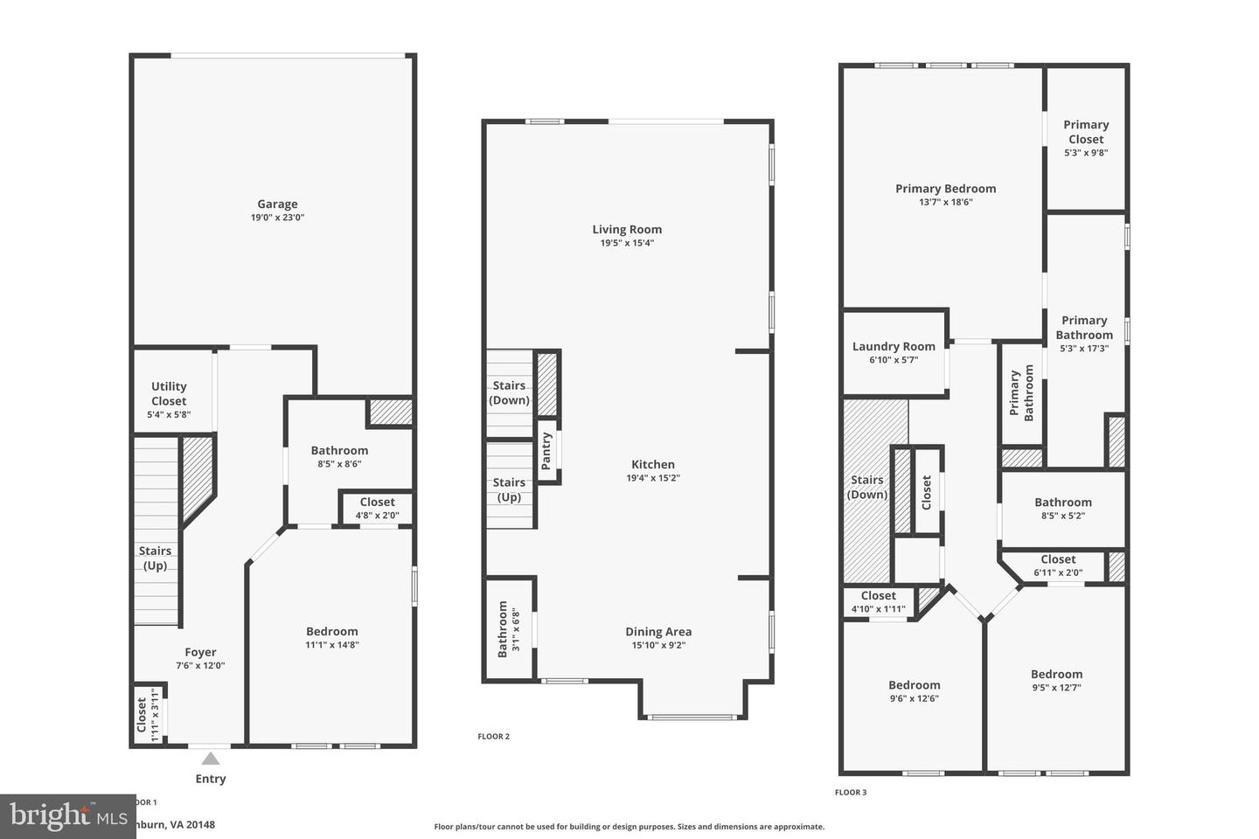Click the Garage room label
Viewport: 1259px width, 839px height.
point(277,205)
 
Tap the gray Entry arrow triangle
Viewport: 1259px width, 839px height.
point(211,759)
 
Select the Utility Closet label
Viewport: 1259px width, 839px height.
point(169,393)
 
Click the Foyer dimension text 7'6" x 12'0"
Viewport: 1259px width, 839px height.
point(200,665)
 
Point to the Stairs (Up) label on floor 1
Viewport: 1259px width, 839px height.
point(155,558)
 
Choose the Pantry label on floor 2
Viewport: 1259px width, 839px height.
point(546,452)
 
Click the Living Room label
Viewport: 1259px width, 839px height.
point(627,230)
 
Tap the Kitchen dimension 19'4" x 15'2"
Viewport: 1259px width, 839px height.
point(653,478)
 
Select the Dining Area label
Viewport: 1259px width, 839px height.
point(658,632)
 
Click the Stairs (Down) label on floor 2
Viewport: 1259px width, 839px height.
point(509,392)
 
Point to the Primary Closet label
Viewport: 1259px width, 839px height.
point(1086,132)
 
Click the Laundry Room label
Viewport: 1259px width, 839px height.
point(894,346)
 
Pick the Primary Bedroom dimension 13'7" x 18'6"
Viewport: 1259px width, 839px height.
point(945,202)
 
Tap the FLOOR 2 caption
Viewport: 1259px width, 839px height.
point(494,737)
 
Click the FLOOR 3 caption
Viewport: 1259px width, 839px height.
point(851,793)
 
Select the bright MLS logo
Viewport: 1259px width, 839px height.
point(67,816)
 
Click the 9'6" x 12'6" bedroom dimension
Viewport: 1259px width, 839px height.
point(915,698)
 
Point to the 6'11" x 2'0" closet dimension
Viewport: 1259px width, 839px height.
point(1058,573)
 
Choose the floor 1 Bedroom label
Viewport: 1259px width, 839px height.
point(332,632)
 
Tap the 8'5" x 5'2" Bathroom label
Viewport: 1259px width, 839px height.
point(1063,503)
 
